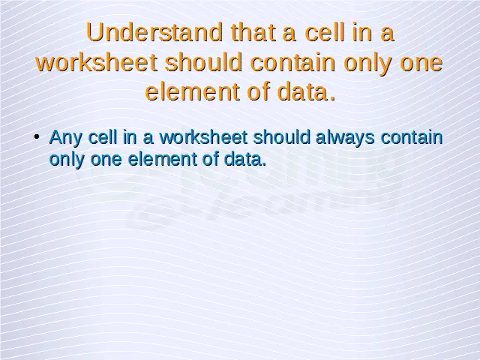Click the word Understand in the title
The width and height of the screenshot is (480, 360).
coord(154,32)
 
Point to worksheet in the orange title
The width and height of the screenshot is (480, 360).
coord(97,62)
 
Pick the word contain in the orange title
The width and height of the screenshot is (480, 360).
coord(293,62)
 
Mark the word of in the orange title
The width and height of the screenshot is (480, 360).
coord(258,91)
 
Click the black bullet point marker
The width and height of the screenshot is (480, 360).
coord(37,137)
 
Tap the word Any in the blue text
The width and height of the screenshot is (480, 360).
coord(66,138)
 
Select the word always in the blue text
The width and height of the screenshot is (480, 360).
coord(345,138)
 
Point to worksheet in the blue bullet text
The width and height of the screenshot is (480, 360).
coord(203,136)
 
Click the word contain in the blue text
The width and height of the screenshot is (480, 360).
coord(412,137)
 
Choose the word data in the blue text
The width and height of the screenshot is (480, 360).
coord(245,159)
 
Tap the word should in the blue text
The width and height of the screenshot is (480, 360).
coord(282,136)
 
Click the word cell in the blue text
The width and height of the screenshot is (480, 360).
coord(103,136)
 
